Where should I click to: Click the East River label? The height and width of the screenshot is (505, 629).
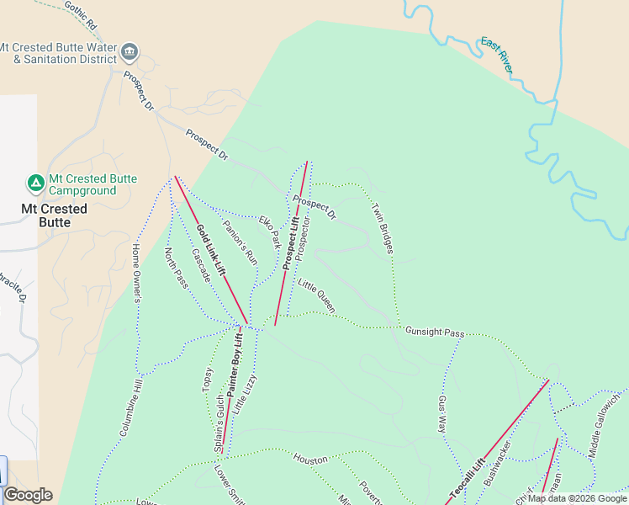[496, 56]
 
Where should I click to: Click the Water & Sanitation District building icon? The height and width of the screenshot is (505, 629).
[129, 52]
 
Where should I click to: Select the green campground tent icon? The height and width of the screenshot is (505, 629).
[35, 182]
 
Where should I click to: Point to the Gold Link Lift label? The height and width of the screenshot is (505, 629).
[211, 250]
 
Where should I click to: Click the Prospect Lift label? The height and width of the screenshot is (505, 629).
[290, 242]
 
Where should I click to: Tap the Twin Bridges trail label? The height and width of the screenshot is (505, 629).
[383, 228]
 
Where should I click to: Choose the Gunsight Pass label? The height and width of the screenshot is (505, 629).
[434, 332]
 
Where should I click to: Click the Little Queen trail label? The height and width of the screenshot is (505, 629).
[316, 296]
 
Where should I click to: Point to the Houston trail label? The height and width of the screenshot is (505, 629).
[310, 460]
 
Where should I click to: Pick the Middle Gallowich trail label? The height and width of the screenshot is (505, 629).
[606, 424]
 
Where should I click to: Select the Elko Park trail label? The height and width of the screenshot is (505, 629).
[269, 231]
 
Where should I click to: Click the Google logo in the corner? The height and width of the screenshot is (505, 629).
[28, 495]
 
